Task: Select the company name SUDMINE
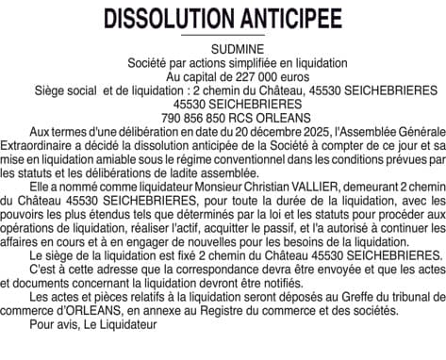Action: click(223, 48)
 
